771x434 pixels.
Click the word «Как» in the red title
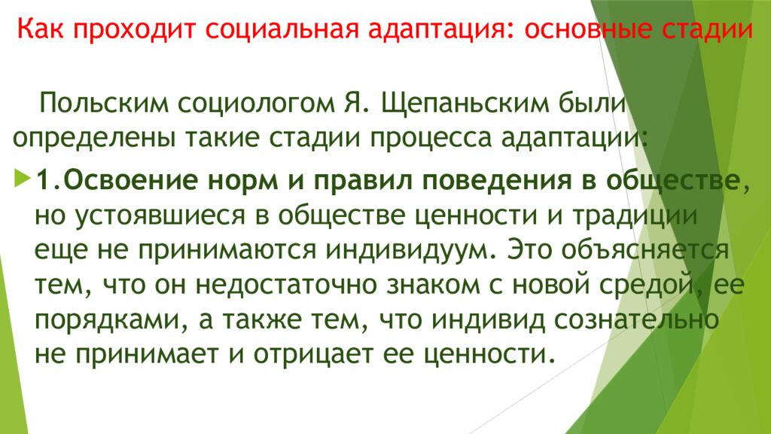pos(38,32)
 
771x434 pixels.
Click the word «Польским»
pos(102,103)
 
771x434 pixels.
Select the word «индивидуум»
pos(405,250)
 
